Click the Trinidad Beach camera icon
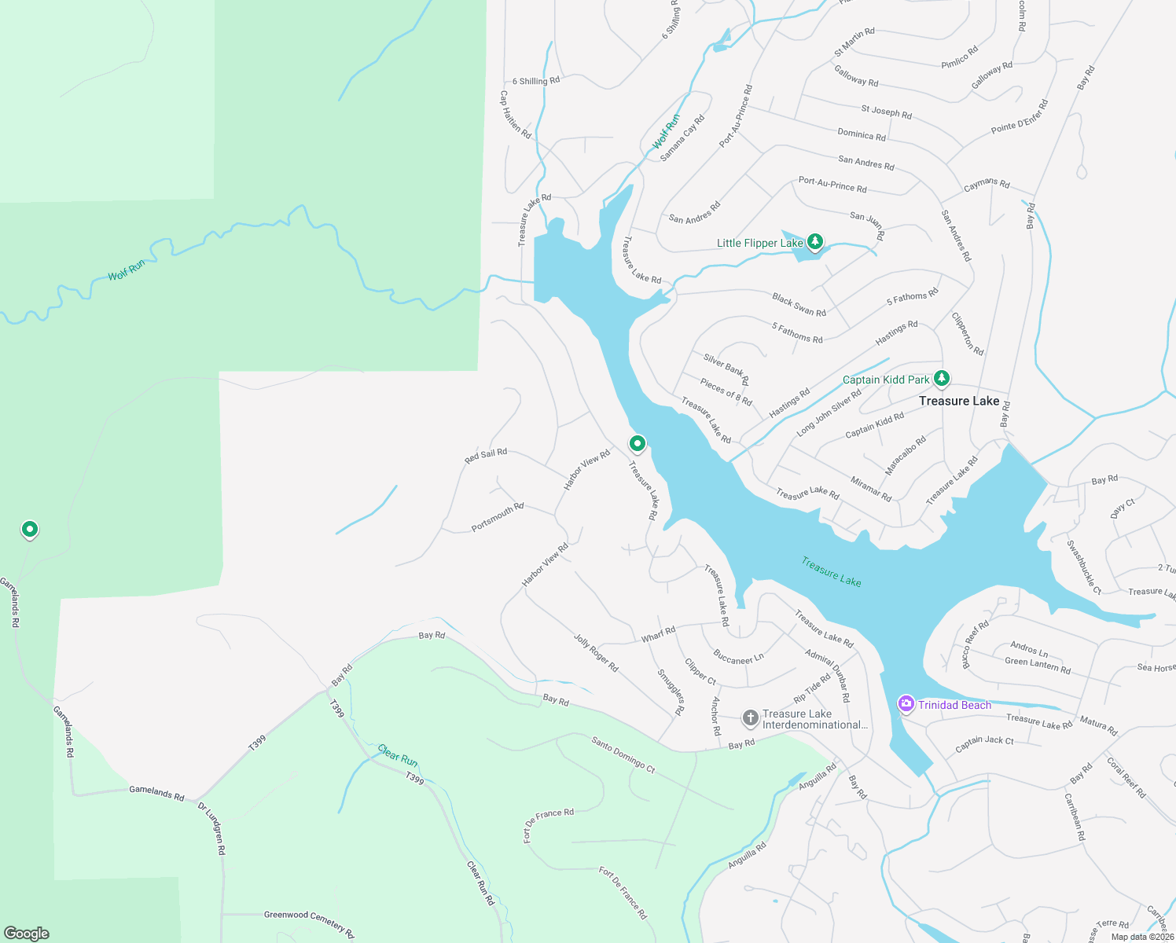tap(906, 704)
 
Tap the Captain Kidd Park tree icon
tap(941, 379)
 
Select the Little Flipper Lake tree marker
tap(815, 241)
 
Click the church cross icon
tap(751, 717)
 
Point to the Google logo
tap(27, 934)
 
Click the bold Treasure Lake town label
tap(959, 401)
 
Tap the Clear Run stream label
tap(398, 756)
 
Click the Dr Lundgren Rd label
tap(211, 828)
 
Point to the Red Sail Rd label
tap(486, 455)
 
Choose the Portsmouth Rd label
tap(498, 517)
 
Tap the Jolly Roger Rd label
tap(596, 653)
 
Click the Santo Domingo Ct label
tap(623, 754)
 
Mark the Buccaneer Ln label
tap(738, 657)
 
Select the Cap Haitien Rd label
tap(516, 115)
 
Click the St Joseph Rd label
tap(886, 112)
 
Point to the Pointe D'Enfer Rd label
tap(1020, 116)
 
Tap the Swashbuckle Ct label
tap(1084, 567)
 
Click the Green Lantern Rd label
tap(1038, 666)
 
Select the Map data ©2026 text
tap(1142, 936)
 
